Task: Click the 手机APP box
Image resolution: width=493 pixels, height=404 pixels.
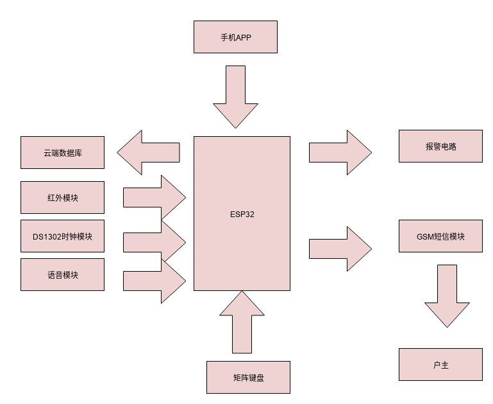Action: tap(235, 37)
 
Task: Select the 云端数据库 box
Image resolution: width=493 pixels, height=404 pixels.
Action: tap(62, 152)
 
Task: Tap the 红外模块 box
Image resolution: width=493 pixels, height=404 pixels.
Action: tap(62, 197)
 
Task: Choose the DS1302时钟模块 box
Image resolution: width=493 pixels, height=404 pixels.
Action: tap(62, 236)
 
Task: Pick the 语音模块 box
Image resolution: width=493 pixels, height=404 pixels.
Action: tap(62, 274)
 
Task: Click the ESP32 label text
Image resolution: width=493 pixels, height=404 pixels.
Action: tap(242, 214)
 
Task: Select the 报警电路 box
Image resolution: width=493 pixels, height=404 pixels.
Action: tap(440, 146)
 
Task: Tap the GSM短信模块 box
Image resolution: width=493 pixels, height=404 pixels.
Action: tap(440, 236)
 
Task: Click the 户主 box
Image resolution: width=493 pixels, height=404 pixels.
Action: tap(440, 364)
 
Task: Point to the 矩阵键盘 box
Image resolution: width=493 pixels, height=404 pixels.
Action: tap(248, 377)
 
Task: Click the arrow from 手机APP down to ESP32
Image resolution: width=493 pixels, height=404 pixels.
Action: tap(235, 96)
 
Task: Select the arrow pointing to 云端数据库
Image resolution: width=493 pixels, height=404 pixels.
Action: tap(147, 152)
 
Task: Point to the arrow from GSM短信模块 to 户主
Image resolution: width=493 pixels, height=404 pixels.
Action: tap(447, 295)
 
